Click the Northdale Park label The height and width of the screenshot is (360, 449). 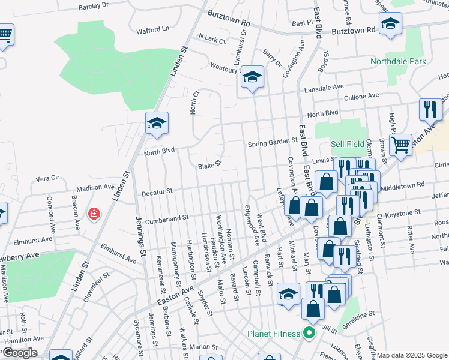pos(414,61)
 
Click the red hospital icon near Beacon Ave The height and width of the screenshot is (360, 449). pos(94,214)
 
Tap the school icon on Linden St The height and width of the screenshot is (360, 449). pos(157,124)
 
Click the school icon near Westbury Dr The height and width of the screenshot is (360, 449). pos(253,77)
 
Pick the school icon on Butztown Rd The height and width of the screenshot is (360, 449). pos(390,24)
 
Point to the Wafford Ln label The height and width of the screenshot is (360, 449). pos(152,29)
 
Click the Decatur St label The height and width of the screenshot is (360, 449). pos(157,192)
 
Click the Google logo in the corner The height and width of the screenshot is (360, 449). pos(19,353)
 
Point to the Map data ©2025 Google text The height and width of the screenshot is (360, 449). pos(412,355)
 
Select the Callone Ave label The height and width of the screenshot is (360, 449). pos(361,96)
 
